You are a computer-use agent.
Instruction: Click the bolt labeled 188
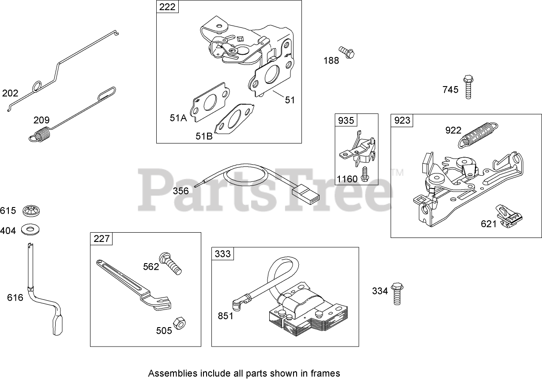(x=347, y=53)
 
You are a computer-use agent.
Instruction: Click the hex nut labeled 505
(x=178, y=323)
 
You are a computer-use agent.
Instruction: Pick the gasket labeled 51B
(x=234, y=120)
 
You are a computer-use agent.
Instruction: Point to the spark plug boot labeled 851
(x=238, y=303)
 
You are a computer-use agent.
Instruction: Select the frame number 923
(x=402, y=121)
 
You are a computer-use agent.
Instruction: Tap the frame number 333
(x=223, y=254)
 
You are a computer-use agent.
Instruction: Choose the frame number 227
(x=102, y=239)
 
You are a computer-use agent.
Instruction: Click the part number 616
(x=15, y=298)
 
